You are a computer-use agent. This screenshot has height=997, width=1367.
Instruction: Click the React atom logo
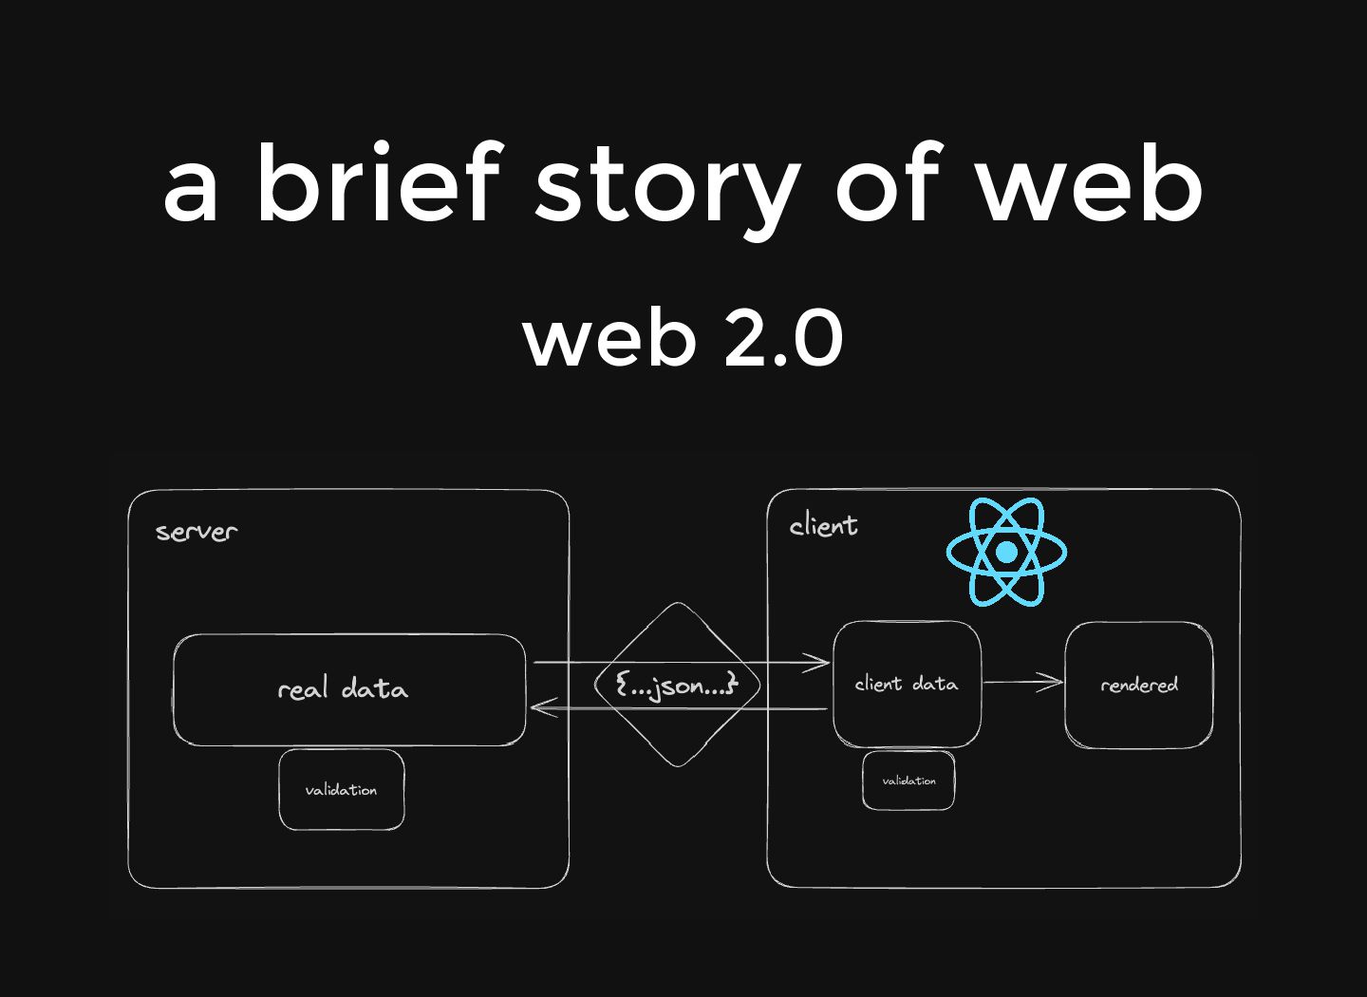click(1006, 551)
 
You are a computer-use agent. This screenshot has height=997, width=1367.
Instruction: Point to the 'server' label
click(197, 532)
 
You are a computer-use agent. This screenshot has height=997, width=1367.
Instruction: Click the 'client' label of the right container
click(823, 525)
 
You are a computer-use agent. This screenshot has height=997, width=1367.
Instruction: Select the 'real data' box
click(348, 689)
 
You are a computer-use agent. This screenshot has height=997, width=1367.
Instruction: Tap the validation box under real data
click(342, 790)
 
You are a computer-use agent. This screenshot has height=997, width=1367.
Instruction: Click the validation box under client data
click(908, 781)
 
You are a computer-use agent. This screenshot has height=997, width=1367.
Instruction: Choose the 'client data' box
click(907, 684)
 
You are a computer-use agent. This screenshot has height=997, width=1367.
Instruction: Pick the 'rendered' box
click(1138, 685)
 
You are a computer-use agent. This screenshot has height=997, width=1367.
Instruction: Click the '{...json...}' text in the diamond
click(676, 685)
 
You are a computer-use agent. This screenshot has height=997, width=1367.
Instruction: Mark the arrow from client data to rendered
click(1022, 682)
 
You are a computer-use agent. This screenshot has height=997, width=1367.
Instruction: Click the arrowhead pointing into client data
click(818, 663)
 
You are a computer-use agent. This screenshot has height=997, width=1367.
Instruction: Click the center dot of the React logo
click(1006, 552)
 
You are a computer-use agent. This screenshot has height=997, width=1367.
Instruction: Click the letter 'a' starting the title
click(191, 190)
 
